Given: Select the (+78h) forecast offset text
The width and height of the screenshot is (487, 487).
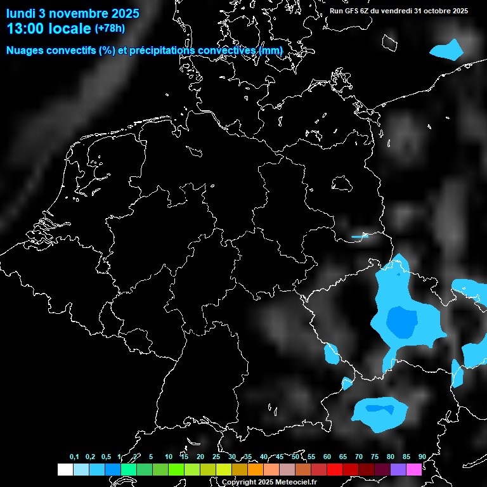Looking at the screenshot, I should point(110,28).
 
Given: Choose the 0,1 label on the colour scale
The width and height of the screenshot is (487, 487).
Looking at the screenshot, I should point(74,457).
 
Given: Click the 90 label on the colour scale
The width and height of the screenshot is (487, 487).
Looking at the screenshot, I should point(422,457).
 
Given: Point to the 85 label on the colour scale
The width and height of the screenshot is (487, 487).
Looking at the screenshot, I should point(406,457).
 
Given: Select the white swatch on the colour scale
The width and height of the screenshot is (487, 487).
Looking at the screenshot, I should point(65,469).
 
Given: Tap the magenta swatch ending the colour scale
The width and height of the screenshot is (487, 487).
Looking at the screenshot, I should point(414,469).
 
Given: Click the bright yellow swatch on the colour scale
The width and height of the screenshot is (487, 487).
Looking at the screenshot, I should point(224,469).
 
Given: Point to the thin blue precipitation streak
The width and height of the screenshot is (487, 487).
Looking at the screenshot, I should point(360,237).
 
